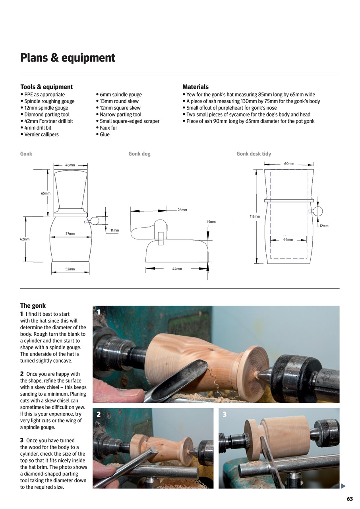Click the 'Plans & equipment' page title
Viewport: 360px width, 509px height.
(68, 58)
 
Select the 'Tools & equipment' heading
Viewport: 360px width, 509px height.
(46, 87)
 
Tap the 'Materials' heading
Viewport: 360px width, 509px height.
(195, 87)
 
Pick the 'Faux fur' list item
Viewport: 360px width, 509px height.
(108, 128)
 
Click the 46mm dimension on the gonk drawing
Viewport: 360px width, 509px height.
(70, 165)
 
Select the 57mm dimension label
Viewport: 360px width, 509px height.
(70, 234)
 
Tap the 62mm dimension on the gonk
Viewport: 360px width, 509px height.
(25, 239)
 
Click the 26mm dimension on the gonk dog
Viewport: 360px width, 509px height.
(182, 210)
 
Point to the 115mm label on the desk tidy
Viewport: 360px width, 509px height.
(255, 217)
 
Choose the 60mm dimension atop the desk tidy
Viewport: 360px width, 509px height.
(289, 164)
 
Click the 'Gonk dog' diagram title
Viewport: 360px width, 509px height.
(139, 154)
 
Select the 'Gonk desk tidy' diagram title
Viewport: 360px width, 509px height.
(254, 154)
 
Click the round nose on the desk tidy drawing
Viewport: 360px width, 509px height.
(318, 211)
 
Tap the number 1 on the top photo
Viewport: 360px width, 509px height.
(99, 313)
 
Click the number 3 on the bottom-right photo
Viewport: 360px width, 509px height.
(225, 414)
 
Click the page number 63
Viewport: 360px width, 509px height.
(350, 499)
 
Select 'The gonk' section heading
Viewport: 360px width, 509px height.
(33, 306)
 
